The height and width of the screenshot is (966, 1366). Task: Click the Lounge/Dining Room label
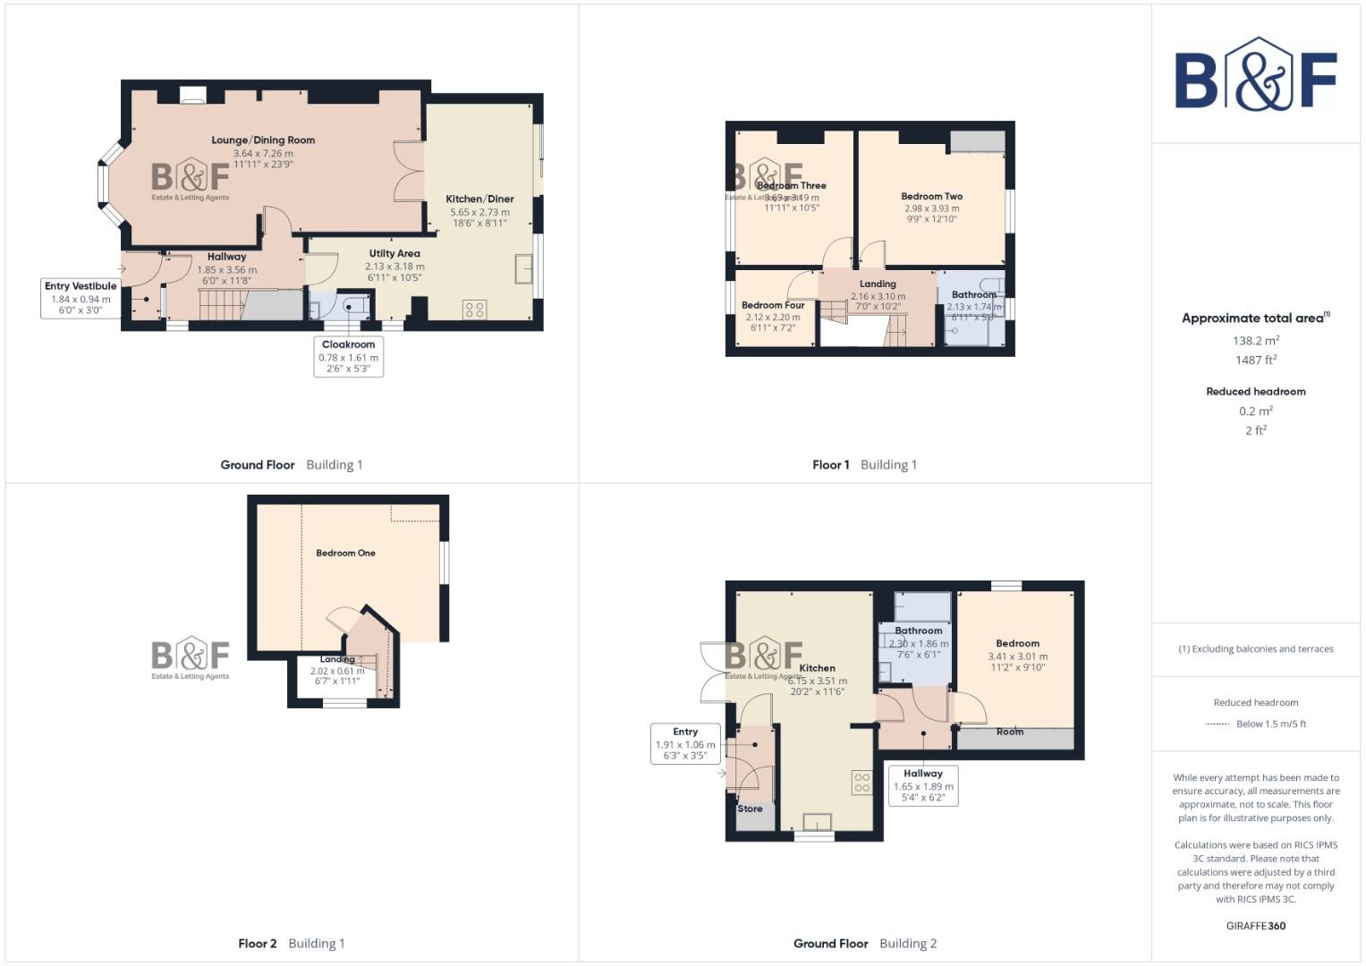(x=263, y=140)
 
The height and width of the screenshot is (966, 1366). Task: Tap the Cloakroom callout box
(x=348, y=356)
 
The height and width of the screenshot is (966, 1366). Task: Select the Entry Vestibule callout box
(x=81, y=298)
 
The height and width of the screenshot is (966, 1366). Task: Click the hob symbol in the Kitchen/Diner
(x=474, y=309)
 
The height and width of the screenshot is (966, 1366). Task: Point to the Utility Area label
(x=395, y=254)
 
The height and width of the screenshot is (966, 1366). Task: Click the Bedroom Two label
(x=931, y=197)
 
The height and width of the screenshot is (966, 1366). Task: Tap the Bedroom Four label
(x=773, y=306)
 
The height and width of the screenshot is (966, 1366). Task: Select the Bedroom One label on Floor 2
(x=345, y=554)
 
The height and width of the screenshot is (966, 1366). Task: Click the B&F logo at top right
(x=1255, y=75)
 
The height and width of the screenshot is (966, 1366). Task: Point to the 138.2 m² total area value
(x=1255, y=341)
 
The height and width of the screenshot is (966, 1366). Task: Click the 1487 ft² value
(x=1255, y=360)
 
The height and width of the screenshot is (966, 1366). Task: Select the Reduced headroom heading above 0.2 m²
(x=1255, y=392)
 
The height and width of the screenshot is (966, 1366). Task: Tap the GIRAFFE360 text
(x=1255, y=926)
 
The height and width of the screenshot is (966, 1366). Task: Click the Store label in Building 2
(x=750, y=809)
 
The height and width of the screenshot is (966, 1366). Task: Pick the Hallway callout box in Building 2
(x=922, y=785)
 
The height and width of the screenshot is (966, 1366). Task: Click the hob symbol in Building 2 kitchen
(x=861, y=783)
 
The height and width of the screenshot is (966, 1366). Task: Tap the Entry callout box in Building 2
(x=685, y=743)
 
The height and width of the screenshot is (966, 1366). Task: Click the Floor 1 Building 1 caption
(x=864, y=465)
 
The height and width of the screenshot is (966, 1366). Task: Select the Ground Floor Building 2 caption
(x=864, y=944)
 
